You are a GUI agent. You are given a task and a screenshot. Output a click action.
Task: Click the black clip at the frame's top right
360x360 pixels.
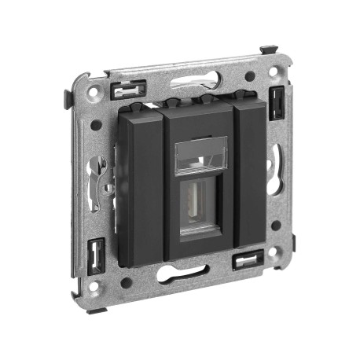pos(277,101)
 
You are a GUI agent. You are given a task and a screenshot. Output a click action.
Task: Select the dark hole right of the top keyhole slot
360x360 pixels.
pos(249,77)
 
